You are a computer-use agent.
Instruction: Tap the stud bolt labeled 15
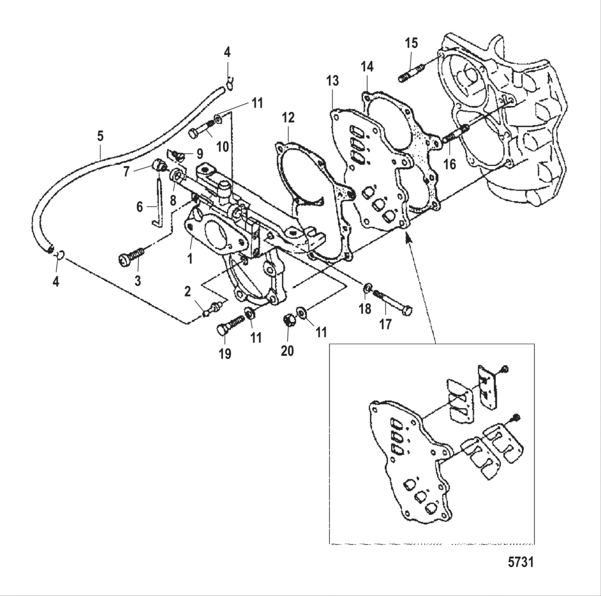tap(408, 73)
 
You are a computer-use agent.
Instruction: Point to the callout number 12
tap(288, 118)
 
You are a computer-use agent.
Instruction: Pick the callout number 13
tap(332, 81)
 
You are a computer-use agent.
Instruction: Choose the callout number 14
tap(367, 67)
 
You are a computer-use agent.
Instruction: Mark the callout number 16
tap(449, 164)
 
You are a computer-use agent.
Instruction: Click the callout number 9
tap(199, 154)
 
